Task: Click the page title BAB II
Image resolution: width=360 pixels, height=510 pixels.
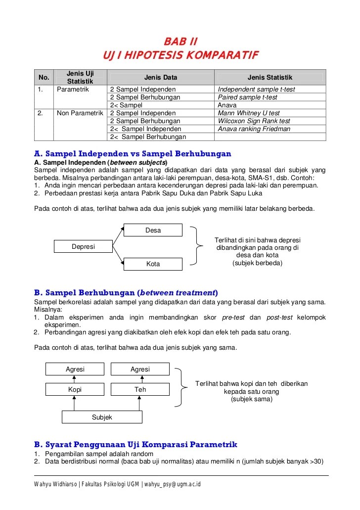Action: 180,40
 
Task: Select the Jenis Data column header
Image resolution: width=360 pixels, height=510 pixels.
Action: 161,78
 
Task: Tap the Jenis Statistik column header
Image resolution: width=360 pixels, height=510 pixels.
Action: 270,78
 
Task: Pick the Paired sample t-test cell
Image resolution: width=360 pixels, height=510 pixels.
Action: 247,97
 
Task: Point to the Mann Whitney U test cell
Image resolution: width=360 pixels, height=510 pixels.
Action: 249,113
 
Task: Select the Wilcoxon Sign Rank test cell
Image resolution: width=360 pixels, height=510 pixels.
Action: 254,121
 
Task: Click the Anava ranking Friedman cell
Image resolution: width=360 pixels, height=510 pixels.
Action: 254,129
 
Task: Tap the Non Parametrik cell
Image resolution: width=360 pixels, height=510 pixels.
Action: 80,113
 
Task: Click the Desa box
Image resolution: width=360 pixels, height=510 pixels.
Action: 153,230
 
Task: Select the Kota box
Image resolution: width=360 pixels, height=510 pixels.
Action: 153,264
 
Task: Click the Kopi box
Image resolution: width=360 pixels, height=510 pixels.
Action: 75,389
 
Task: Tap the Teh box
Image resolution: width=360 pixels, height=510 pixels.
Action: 140,389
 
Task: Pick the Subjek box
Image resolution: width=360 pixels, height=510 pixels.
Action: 102,417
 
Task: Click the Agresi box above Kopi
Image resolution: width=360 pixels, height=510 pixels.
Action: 75,370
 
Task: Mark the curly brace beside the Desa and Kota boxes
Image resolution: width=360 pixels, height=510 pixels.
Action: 198,246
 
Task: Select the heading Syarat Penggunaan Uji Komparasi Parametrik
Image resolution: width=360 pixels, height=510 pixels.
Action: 135,444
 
